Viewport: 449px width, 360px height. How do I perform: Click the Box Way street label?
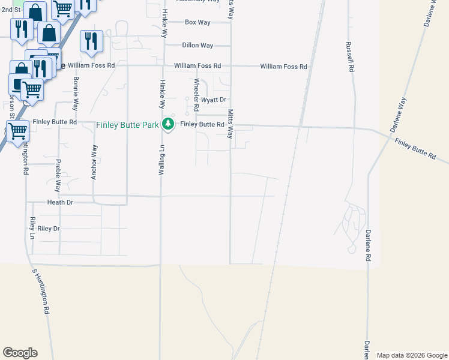197,22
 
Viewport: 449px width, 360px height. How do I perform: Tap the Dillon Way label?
197,46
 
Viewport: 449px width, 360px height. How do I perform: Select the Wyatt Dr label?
213,100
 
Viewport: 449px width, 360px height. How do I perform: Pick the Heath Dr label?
61,203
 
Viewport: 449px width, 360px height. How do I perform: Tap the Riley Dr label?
49,229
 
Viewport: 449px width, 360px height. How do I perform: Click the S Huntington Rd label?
40,292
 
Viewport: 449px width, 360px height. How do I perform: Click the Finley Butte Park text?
127,125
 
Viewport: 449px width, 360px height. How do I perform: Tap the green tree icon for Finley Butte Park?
169,124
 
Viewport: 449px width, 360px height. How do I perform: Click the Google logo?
20,353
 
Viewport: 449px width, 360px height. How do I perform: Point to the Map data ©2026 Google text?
412,355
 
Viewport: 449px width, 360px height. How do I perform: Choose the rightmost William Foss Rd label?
283,67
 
